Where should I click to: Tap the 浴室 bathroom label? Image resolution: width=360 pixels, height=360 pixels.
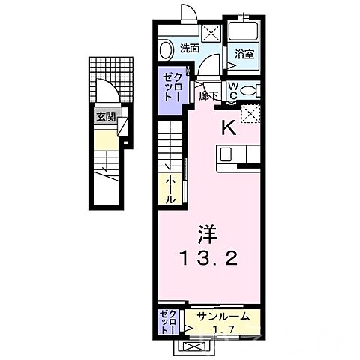point(244,54)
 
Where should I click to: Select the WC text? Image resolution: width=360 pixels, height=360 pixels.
point(234,91)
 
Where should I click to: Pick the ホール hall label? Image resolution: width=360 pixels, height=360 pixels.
point(170,190)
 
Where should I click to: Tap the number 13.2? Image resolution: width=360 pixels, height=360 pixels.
point(209,260)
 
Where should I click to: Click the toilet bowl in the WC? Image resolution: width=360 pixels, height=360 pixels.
point(252,91)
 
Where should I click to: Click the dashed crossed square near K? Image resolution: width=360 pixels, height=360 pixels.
point(250,113)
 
